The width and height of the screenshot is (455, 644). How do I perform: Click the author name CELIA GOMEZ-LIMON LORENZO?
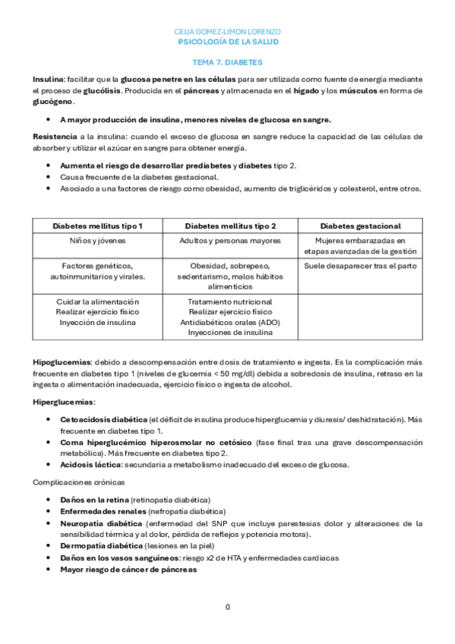point(227,32)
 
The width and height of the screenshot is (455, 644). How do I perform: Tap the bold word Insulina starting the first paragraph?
point(48,79)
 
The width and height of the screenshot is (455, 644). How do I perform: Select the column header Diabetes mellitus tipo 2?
point(230,226)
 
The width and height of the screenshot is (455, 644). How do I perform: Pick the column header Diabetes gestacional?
point(360,226)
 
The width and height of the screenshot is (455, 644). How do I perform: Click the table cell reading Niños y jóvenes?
point(97,241)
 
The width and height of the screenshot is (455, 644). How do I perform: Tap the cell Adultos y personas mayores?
point(230,241)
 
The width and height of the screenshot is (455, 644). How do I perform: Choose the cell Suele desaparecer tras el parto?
point(360,266)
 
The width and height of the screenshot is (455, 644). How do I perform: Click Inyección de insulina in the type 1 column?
point(97,322)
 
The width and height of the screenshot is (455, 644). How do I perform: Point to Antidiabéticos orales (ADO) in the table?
point(230,322)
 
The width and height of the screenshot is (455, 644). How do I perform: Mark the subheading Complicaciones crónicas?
point(78,482)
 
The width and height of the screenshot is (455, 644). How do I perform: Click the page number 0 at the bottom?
point(227,608)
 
